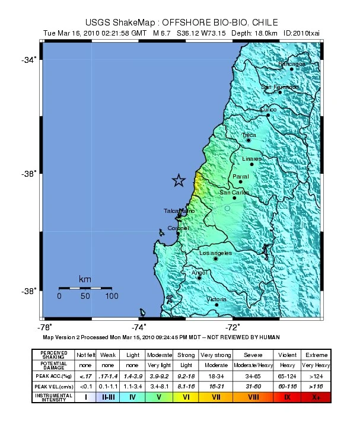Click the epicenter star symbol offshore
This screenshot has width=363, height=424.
[178, 181]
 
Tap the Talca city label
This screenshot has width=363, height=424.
[249, 135]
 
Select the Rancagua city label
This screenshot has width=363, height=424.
[292, 63]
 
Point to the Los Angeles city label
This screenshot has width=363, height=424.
[215, 253]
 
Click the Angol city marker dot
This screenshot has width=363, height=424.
[199, 278]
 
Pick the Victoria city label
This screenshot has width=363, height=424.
[216, 299]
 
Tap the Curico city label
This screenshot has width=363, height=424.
[268, 110]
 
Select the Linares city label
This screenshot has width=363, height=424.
[251, 159]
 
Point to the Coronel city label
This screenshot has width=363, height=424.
[179, 228]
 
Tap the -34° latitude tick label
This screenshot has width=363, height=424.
[30, 59]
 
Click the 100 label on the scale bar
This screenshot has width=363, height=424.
[111, 295]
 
